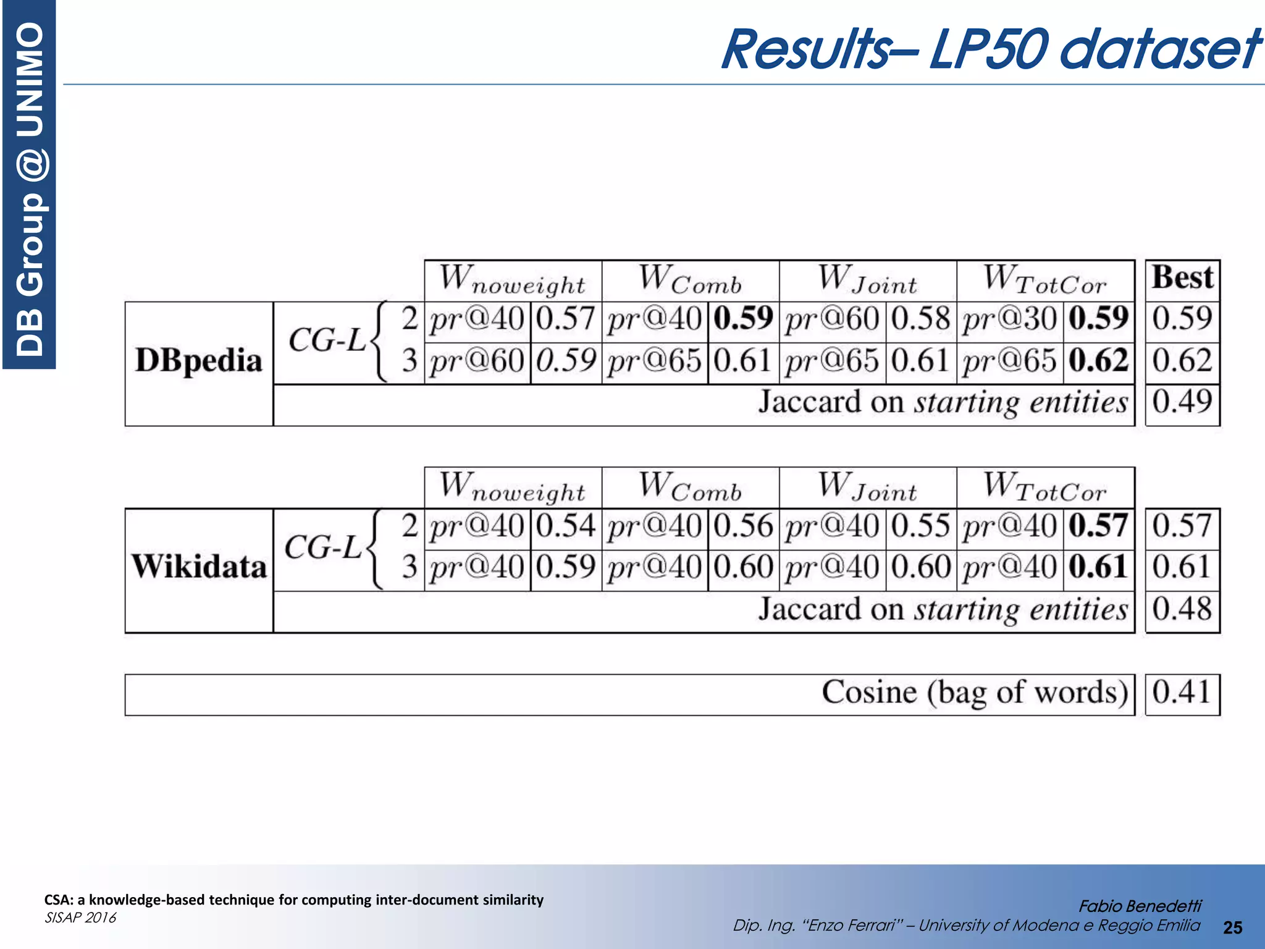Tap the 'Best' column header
(x=1182, y=277)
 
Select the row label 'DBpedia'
(x=199, y=360)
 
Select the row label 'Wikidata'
(x=199, y=567)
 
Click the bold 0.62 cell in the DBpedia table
(x=1098, y=361)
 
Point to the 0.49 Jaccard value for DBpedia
(x=1182, y=402)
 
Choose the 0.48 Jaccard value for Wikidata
(x=1182, y=609)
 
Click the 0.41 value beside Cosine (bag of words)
(x=1182, y=692)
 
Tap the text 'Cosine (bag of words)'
(x=975, y=693)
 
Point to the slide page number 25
(x=1232, y=927)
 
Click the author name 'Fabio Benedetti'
(x=1140, y=906)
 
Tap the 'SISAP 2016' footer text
(x=80, y=917)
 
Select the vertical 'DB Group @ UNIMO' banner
(x=30, y=185)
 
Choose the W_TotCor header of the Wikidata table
(x=1045, y=487)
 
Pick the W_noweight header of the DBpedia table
(x=513, y=280)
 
